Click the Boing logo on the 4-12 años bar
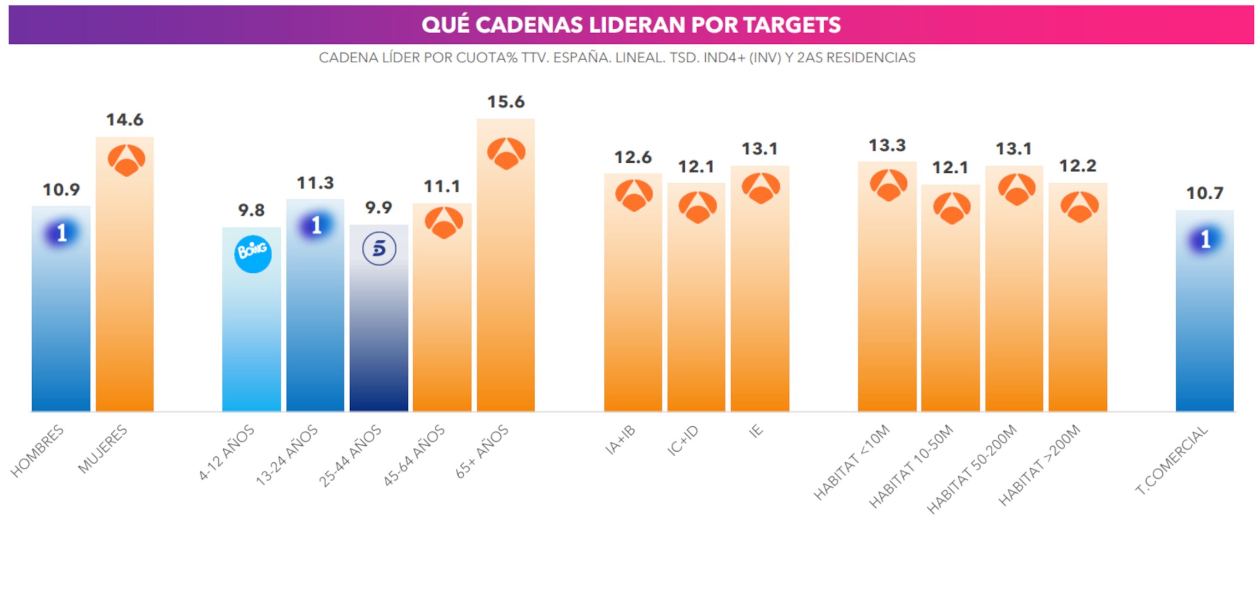pyautogui.click(x=253, y=254)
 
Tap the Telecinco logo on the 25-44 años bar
pyautogui.click(x=379, y=249)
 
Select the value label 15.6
pyautogui.click(x=506, y=102)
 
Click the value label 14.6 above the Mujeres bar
pyautogui.click(x=125, y=120)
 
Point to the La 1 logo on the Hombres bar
pyautogui.click(x=61, y=233)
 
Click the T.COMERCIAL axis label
pyautogui.click(x=1171, y=461)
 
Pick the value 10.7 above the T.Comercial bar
pyautogui.click(x=1204, y=193)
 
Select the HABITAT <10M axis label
pyautogui.click(x=851, y=462)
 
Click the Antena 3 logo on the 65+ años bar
pyautogui.click(x=506, y=153)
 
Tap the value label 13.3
pyautogui.click(x=887, y=146)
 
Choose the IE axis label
pyautogui.click(x=756, y=431)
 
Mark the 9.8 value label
pyautogui.click(x=252, y=210)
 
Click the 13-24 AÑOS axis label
pyautogui.click(x=287, y=456)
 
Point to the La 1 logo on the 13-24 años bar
pyautogui.click(x=316, y=225)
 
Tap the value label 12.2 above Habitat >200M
pyautogui.click(x=1078, y=166)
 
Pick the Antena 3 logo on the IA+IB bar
pyautogui.click(x=634, y=195)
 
